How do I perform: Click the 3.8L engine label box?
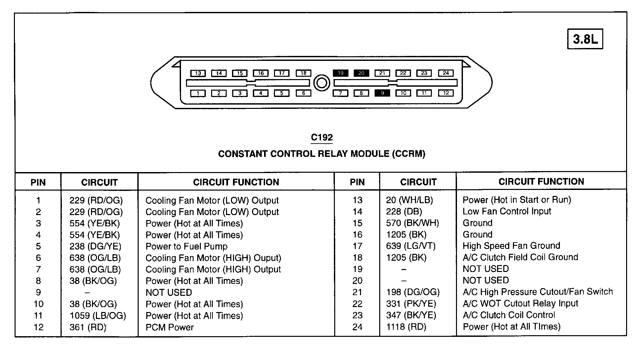click(585, 39)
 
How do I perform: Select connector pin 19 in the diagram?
click(341, 73)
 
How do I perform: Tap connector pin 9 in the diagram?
click(382, 93)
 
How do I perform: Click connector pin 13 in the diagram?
click(198, 73)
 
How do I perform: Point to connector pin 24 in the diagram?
click(446, 73)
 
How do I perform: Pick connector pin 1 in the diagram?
click(198, 93)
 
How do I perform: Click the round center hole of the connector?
click(321, 83)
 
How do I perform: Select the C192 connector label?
click(322, 138)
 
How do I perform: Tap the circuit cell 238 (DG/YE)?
click(95, 247)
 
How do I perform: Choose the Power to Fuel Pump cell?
click(186, 247)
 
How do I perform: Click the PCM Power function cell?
click(169, 327)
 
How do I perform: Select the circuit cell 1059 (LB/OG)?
click(98, 316)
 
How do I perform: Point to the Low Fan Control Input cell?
click(507, 211)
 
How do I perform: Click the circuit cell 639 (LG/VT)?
click(411, 246)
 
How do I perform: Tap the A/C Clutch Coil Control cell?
click(509, 315)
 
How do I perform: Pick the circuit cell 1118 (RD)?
click(406, 327)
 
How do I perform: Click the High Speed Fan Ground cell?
click(511, 246)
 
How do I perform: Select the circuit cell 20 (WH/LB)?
click(409, 200)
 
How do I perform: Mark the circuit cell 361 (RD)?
click(88, 327)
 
